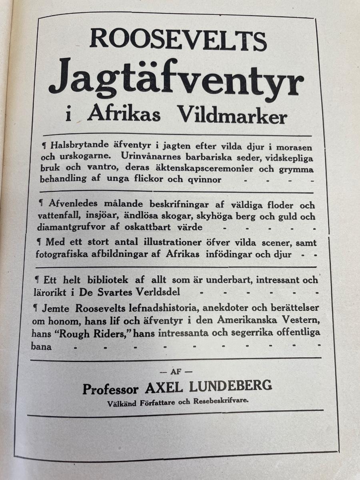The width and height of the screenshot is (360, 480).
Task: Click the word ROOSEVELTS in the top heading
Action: tap(178, 40)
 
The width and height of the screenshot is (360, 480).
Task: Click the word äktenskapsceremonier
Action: tap(196, 168)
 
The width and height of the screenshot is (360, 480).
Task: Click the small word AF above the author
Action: tap(176, 372)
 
